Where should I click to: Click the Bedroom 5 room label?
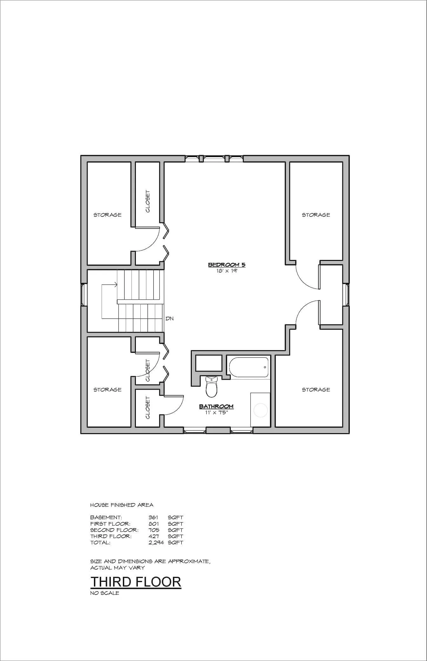227,264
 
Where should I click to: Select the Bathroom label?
216,406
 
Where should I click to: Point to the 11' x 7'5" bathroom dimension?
216,413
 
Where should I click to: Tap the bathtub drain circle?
265,367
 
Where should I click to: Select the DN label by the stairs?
170,318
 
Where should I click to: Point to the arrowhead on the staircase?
116,285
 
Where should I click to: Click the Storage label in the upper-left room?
107,215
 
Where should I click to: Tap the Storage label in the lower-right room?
316,390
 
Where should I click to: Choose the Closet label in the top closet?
148,201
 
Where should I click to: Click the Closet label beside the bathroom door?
148,407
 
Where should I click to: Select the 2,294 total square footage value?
156,542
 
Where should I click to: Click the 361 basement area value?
153,517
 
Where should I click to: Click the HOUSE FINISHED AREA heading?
122,505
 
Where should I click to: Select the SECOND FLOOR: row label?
114,530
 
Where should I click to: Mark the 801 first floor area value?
154,524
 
